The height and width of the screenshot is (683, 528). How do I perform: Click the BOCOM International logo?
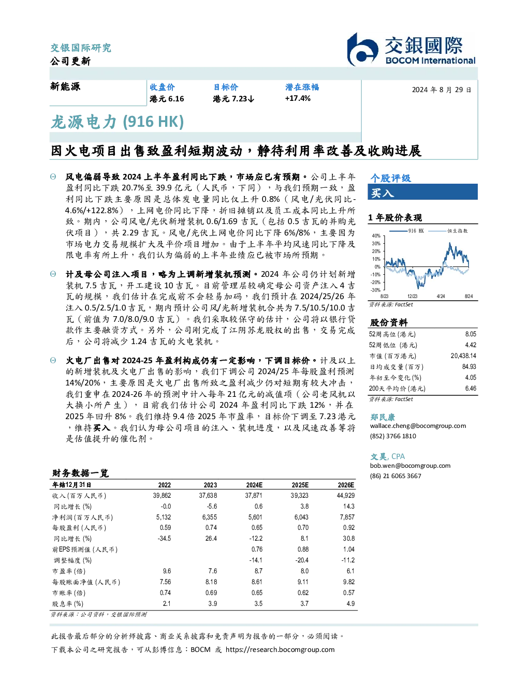[411, 49]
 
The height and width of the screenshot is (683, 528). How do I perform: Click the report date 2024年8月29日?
[442, 90]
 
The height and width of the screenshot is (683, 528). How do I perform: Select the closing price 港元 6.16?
[167, 99]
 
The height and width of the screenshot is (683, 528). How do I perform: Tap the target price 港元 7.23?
[233, 99]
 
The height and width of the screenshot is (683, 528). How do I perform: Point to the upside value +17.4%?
[298, 98]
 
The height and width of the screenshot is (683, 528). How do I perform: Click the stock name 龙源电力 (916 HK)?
[118, 122]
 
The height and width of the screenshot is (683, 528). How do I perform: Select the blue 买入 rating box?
[422, 192]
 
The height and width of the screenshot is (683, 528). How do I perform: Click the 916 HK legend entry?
[406, 231]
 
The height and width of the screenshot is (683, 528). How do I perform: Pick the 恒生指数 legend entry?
[448, 231]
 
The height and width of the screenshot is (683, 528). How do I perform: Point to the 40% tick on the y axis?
[376, 236]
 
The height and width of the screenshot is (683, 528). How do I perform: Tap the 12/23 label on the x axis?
[412, 296]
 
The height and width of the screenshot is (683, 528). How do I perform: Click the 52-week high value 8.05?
[471, 334]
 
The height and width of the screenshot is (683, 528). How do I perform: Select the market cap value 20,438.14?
[463, 356]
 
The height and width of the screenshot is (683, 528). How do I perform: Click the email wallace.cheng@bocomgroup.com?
[418, 426]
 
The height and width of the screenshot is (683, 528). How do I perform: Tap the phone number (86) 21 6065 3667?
[395, 476]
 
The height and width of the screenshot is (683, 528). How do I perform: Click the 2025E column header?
[300, 485]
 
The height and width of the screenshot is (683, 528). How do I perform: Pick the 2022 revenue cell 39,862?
[162, 496]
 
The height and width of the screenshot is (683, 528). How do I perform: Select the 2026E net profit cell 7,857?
[347, 517]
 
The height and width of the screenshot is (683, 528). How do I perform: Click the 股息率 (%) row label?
[68, 604]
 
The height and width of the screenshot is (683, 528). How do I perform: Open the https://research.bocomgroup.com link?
[280, 650]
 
